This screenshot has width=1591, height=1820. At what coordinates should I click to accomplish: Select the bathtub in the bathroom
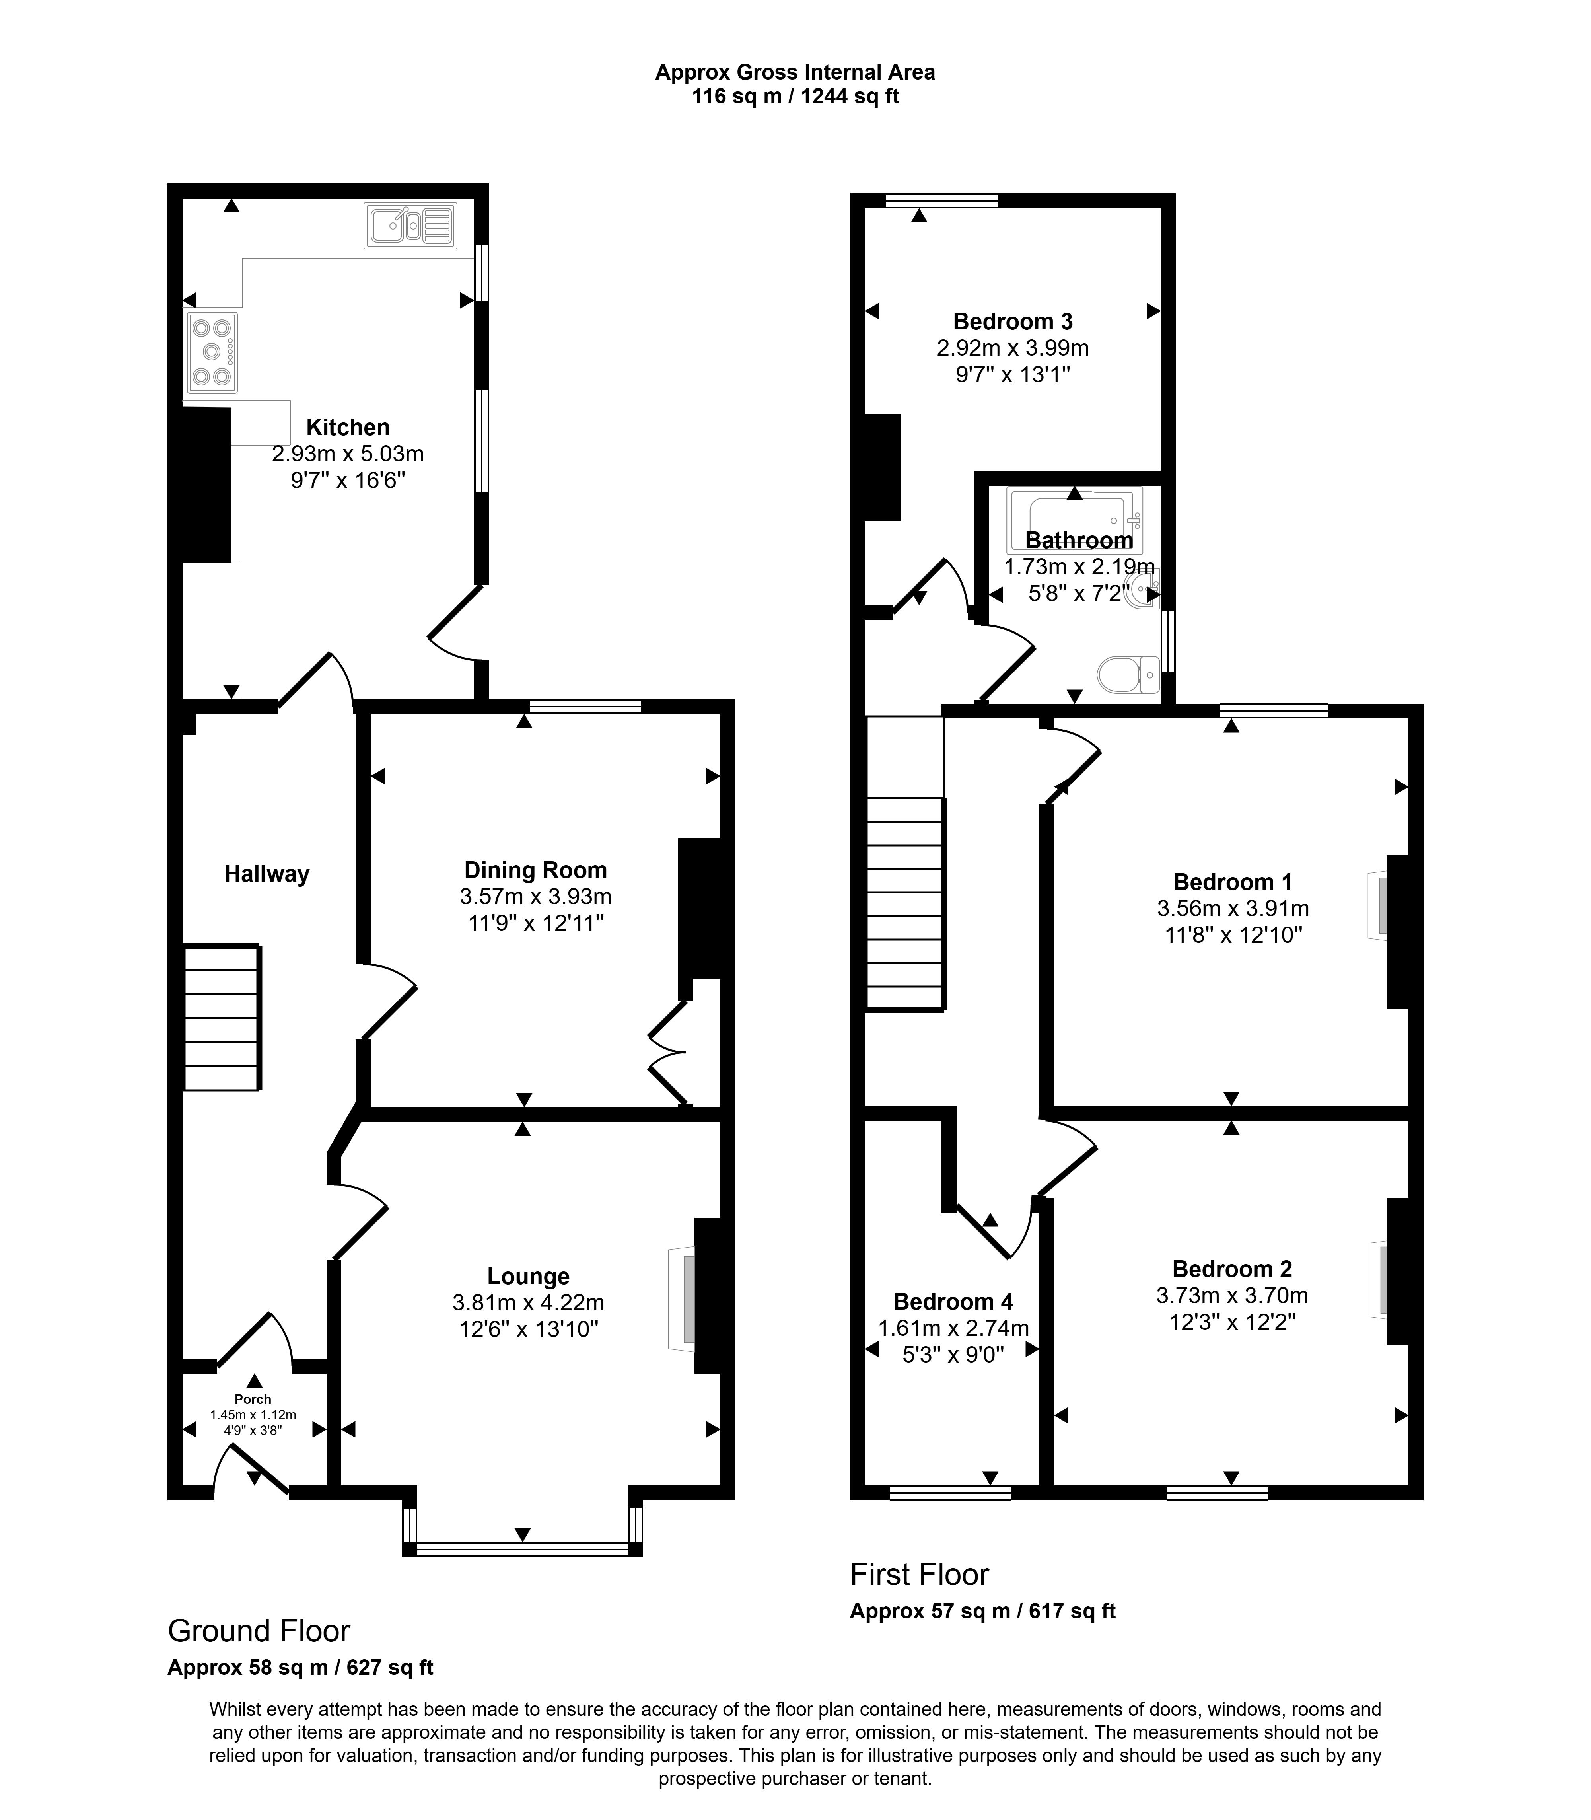click(1074, 520)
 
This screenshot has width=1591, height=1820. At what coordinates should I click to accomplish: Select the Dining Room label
click(535, 870)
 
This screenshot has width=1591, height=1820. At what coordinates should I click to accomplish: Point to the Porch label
click(253, 1399)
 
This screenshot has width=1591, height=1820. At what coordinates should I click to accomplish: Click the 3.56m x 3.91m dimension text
click(1233, 908)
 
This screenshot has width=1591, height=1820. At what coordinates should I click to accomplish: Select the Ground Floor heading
click(259, 1631)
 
